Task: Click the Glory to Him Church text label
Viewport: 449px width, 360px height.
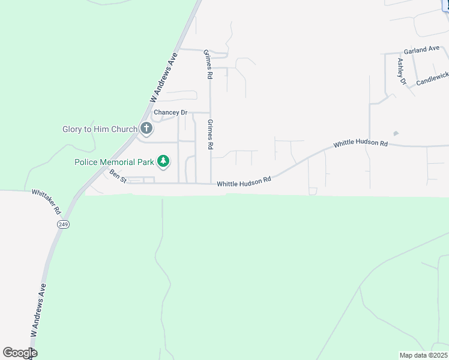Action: pos(100,129)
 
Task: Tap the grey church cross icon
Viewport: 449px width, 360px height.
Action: pos(146,128)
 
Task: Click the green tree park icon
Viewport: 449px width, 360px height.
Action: pos(163,161)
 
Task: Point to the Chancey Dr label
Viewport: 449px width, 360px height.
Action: pos(170,112)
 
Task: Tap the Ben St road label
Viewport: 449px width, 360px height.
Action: pos(118,176)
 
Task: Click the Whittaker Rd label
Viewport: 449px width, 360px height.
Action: pos(47,201)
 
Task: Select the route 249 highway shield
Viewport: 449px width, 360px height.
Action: pos(63,224)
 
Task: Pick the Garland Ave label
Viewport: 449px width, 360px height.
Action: pos(421,50)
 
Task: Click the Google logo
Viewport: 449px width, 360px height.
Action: pos(20,353)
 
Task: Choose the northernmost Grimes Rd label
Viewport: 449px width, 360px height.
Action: pos(208,64)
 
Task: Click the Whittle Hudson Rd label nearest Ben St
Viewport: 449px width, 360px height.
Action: pos(244,180)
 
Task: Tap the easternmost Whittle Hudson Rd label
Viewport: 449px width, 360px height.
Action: pos(361,143)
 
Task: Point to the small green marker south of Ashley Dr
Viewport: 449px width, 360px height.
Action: pos(395,133)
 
